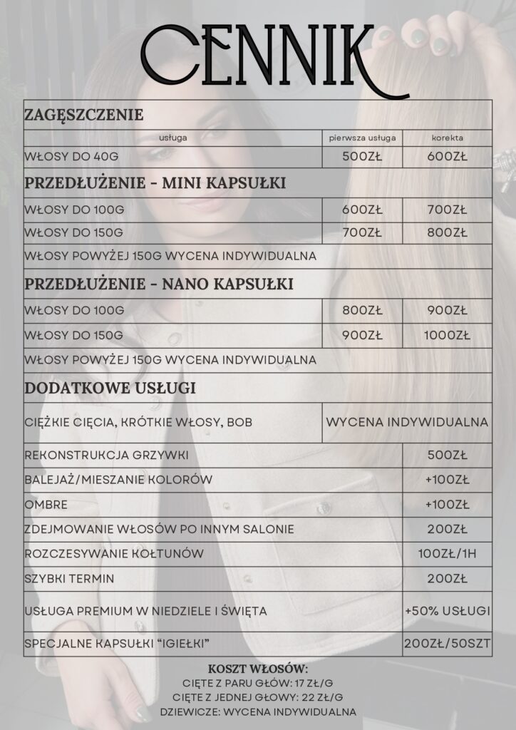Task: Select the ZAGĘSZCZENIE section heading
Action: [84, 115]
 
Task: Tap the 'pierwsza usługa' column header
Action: [362, 138]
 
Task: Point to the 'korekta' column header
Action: [447, 138]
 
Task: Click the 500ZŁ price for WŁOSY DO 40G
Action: [362, 157]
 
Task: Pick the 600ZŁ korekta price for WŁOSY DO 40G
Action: [447, 157]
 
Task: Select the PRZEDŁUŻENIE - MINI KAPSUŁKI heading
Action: [155, 183]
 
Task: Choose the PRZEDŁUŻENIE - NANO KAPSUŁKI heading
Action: [159, 284]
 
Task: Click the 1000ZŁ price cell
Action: [447, 335]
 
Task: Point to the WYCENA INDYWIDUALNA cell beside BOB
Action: [407, 422]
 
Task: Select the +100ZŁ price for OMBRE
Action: [447, 505]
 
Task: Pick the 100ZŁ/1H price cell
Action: [447, 553]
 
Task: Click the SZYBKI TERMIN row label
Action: [69, 578]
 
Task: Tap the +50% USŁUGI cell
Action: [447, 611]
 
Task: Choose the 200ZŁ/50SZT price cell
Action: [447, 644]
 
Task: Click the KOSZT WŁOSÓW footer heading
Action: [258, 669]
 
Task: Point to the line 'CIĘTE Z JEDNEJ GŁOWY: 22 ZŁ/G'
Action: [258, 696]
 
